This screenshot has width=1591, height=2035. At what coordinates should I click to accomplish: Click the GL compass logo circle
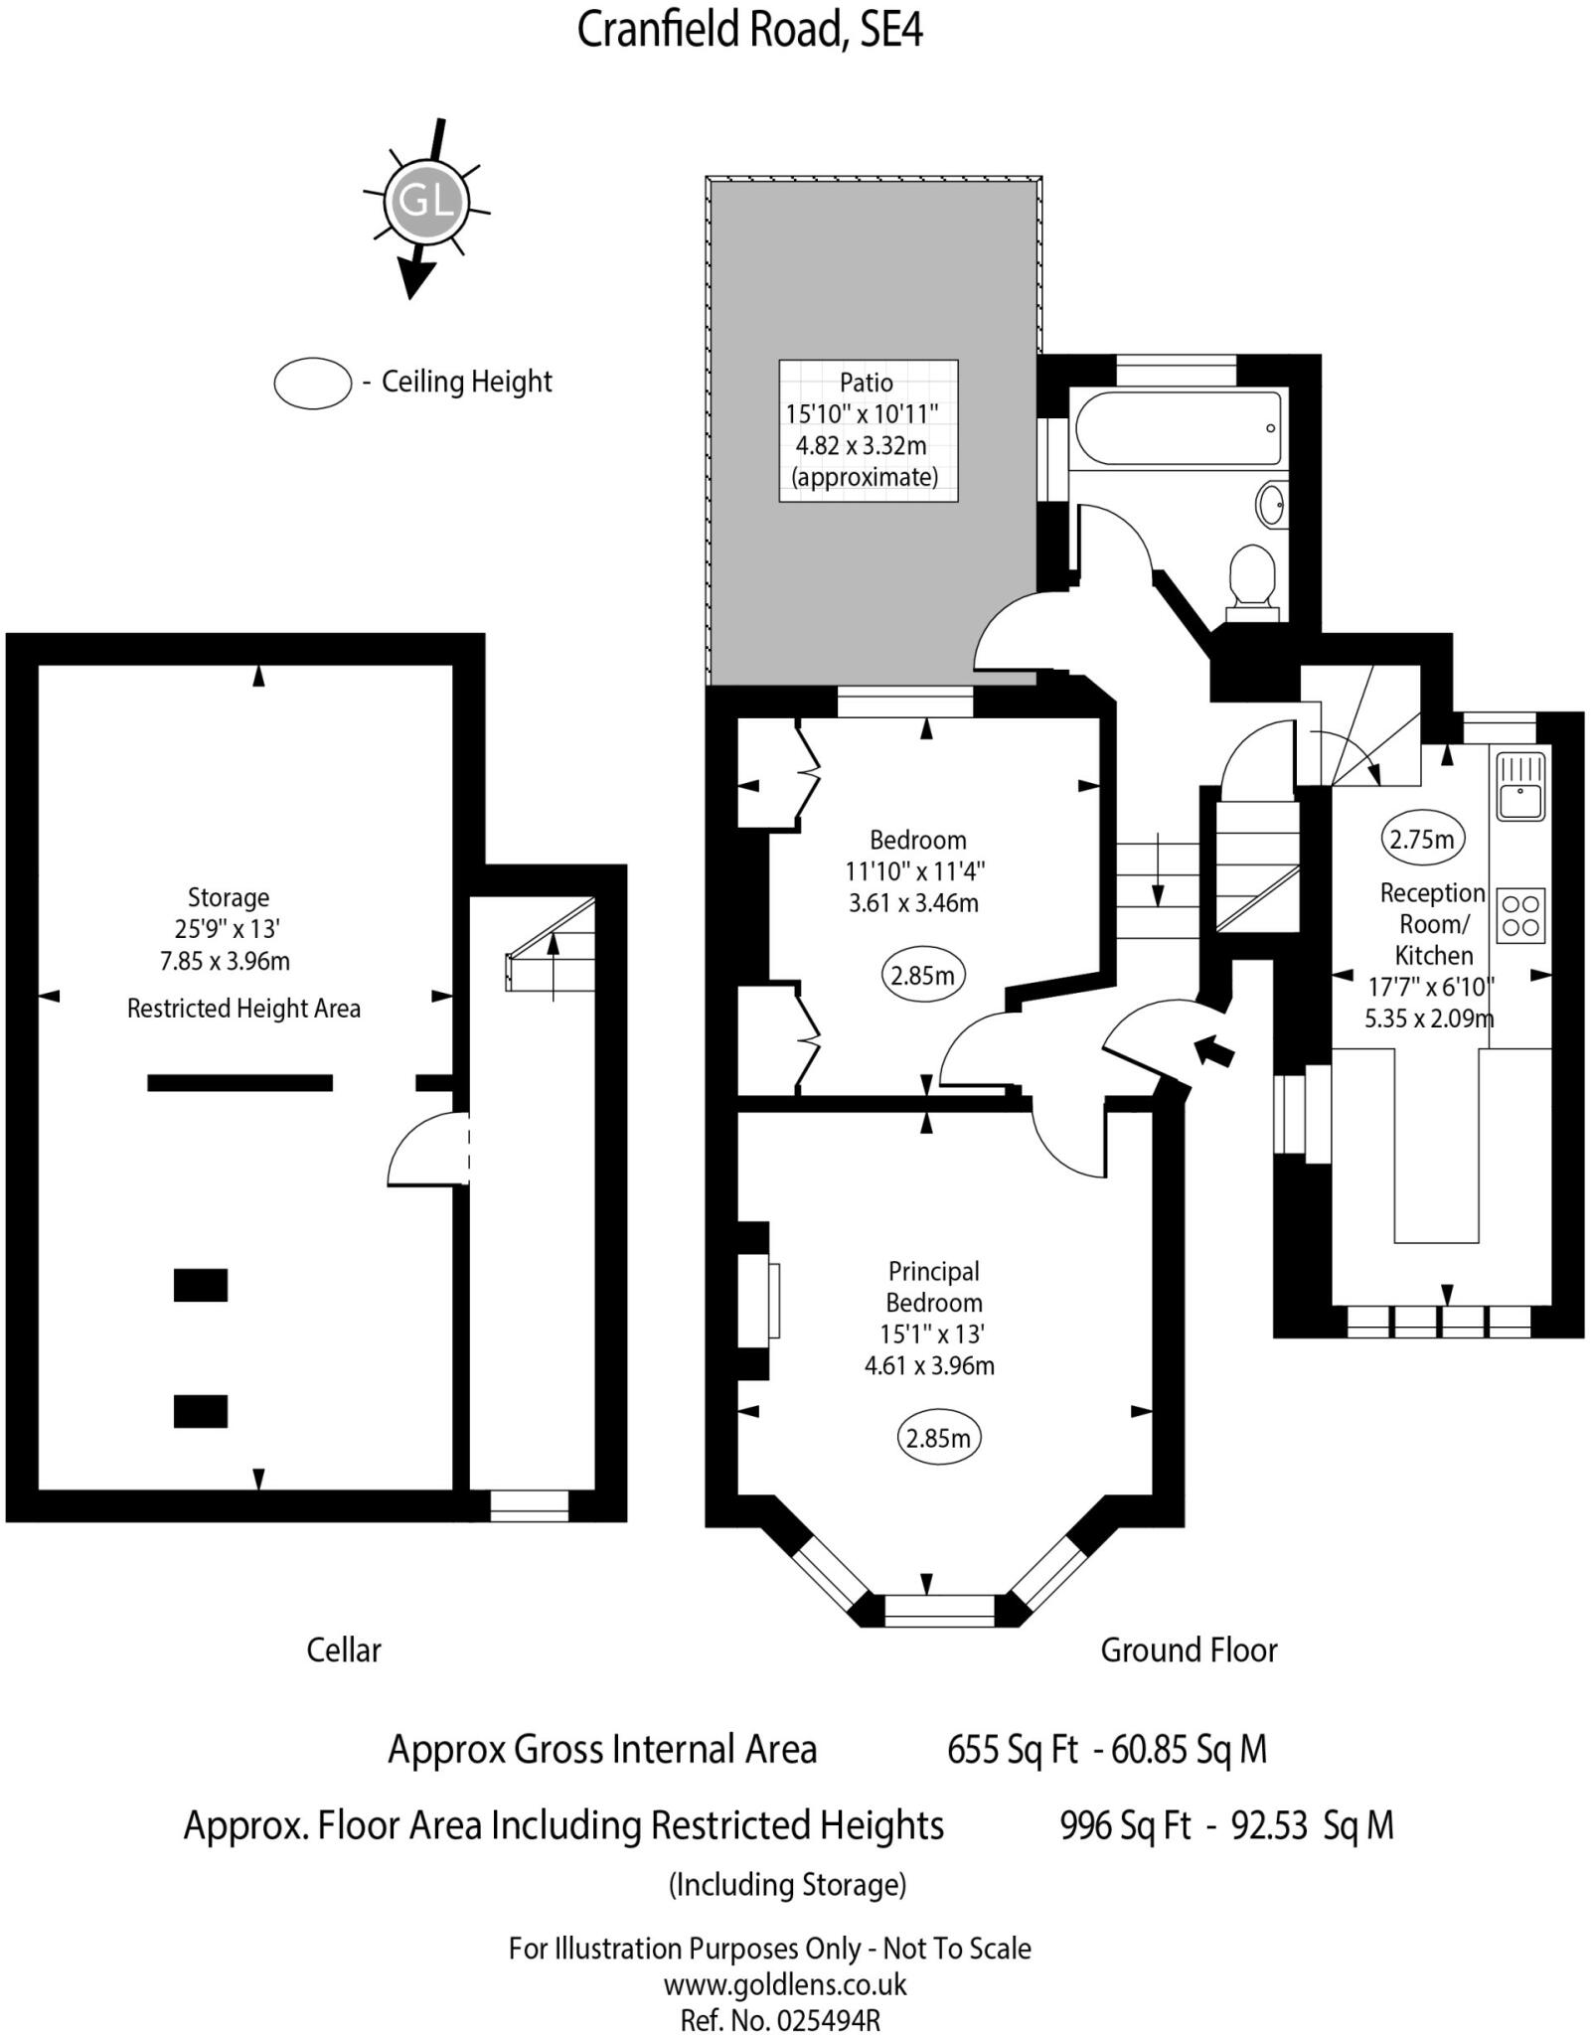(425, 203)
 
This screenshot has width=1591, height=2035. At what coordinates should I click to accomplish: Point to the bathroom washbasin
(1271, 504)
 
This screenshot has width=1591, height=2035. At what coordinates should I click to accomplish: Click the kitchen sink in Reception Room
(1519, 786)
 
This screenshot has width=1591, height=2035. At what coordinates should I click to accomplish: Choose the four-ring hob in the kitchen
(1520, 915)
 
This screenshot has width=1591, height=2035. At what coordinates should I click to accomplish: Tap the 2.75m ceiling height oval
(1421, 839)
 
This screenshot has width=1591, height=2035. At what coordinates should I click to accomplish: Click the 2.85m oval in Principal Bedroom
(938, 1438)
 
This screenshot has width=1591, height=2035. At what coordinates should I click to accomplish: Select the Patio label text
(866, 383)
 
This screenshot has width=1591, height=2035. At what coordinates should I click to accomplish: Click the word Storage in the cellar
(229, 897)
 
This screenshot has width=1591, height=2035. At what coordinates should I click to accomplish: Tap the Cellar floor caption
(343, 1650)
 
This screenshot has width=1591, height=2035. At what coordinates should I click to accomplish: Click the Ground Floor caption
(1189, 1650)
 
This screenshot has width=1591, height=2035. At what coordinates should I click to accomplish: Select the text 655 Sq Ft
(1012, 1749)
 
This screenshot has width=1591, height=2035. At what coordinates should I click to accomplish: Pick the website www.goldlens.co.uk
(785, 1985)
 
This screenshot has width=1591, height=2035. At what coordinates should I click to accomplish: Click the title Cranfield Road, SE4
(750, 31)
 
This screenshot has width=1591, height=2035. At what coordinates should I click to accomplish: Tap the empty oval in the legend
(312, 383)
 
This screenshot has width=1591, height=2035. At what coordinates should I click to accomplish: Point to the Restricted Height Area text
(243, 1009)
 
